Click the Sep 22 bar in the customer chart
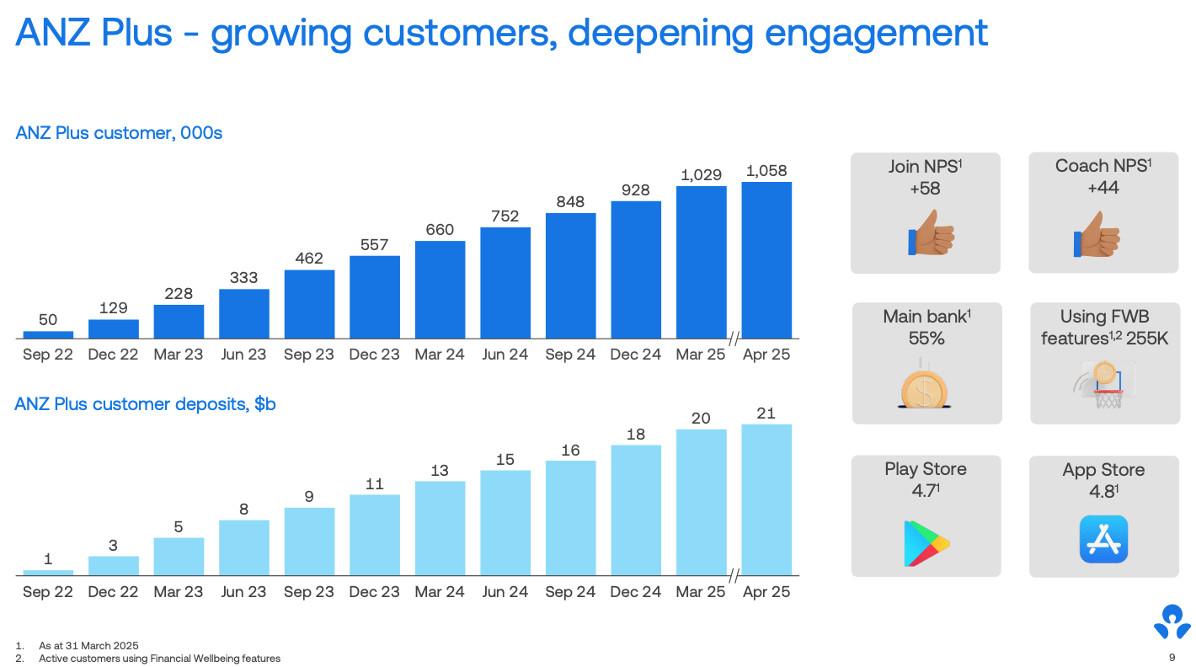click(48, 334)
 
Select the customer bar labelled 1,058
click(766, 260)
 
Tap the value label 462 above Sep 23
click(309, 258)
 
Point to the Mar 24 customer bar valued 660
click(440, 290)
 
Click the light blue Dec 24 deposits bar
click(636, 510)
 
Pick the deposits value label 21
click(766, 413)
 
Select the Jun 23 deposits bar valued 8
click(244, 547)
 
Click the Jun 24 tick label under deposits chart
click(505, 592)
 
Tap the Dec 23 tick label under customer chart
click(374, 355)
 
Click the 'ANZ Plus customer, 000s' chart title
click(119, 133)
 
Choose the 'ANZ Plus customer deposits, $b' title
click(145, 404)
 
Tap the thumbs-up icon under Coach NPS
click(1098, 233)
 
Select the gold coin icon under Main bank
click(926, 387)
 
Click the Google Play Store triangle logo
click(926, 543)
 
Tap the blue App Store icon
click(1103, 539)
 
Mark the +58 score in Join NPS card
click(925, 189)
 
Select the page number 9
click(1172, 658)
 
